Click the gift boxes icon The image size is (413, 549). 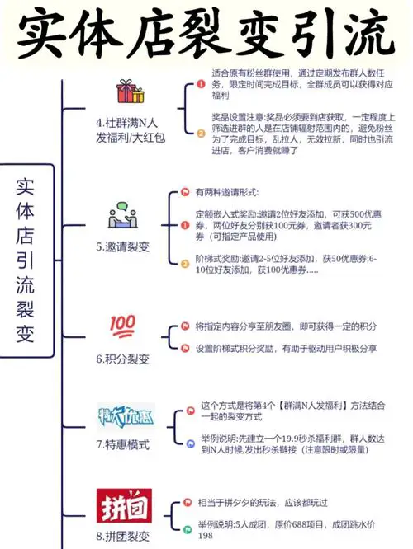pyautogui.click(x=131, y=91)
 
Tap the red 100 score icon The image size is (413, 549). pyautogui.click(x=122, y=326)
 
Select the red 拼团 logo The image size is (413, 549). pyautogui.click(x=124, y=505)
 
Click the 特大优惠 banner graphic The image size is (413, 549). pyautogui.click(x=126, y=416)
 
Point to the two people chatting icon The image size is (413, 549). pyautogui.click(x=123, y=215)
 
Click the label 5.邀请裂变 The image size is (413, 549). pyautogui.click(x=123, y=246)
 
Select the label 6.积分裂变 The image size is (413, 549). pyautogui.click(x=123, y=359)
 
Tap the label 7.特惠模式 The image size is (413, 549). pyautogui.click(x=123, y=444)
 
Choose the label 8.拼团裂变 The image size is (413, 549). pyautogui.click(x=123, y=537)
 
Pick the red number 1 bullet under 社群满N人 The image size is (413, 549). pyautogui.click(x=201, y=84)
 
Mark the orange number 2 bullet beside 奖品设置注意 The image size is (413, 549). pyautogui.click(x=201, y=134)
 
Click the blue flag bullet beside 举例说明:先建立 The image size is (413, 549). pyautogui.click(x=191, y=444)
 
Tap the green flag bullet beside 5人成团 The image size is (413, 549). pyautogui.click(x=188, y=529)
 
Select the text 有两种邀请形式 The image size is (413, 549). pyautogui.click(x=227, y=192)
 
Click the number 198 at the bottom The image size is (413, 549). pyautogui.click(x=206, y=535)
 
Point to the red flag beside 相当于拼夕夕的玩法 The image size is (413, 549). pyautogui.click(x=188, y=503)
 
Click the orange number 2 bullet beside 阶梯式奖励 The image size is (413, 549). pyautogui.click(x=185, y=264)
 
